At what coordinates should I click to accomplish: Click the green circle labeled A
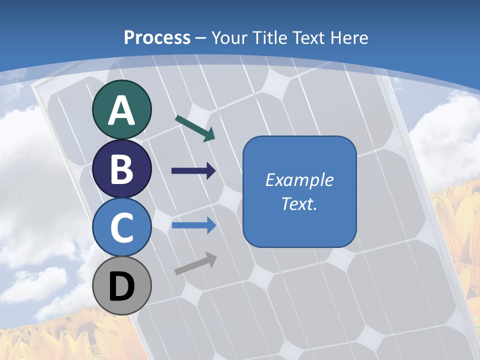click(x=121, y=109)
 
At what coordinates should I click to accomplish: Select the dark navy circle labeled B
click(x=121, y=169)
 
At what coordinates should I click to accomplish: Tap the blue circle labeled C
click(x=121, y=227)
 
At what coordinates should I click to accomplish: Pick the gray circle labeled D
click(x=121, y=286)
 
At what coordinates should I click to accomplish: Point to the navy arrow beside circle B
click(x=193, y=171)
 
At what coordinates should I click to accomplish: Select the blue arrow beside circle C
click(x=193, y=225)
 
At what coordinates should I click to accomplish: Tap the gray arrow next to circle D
click(x=195, y=263)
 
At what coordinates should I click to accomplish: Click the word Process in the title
click(x=157, y=37)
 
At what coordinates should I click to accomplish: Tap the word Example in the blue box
click(x=299, y=180)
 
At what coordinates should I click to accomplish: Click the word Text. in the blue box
click(x=299, y=203)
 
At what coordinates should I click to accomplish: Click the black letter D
click(x=121, y=287)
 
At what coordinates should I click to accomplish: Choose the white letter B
click(x=121, y=169)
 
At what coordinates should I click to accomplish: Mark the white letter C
click(x=121, y=227)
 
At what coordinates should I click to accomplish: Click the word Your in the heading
click(x=229, y=37)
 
